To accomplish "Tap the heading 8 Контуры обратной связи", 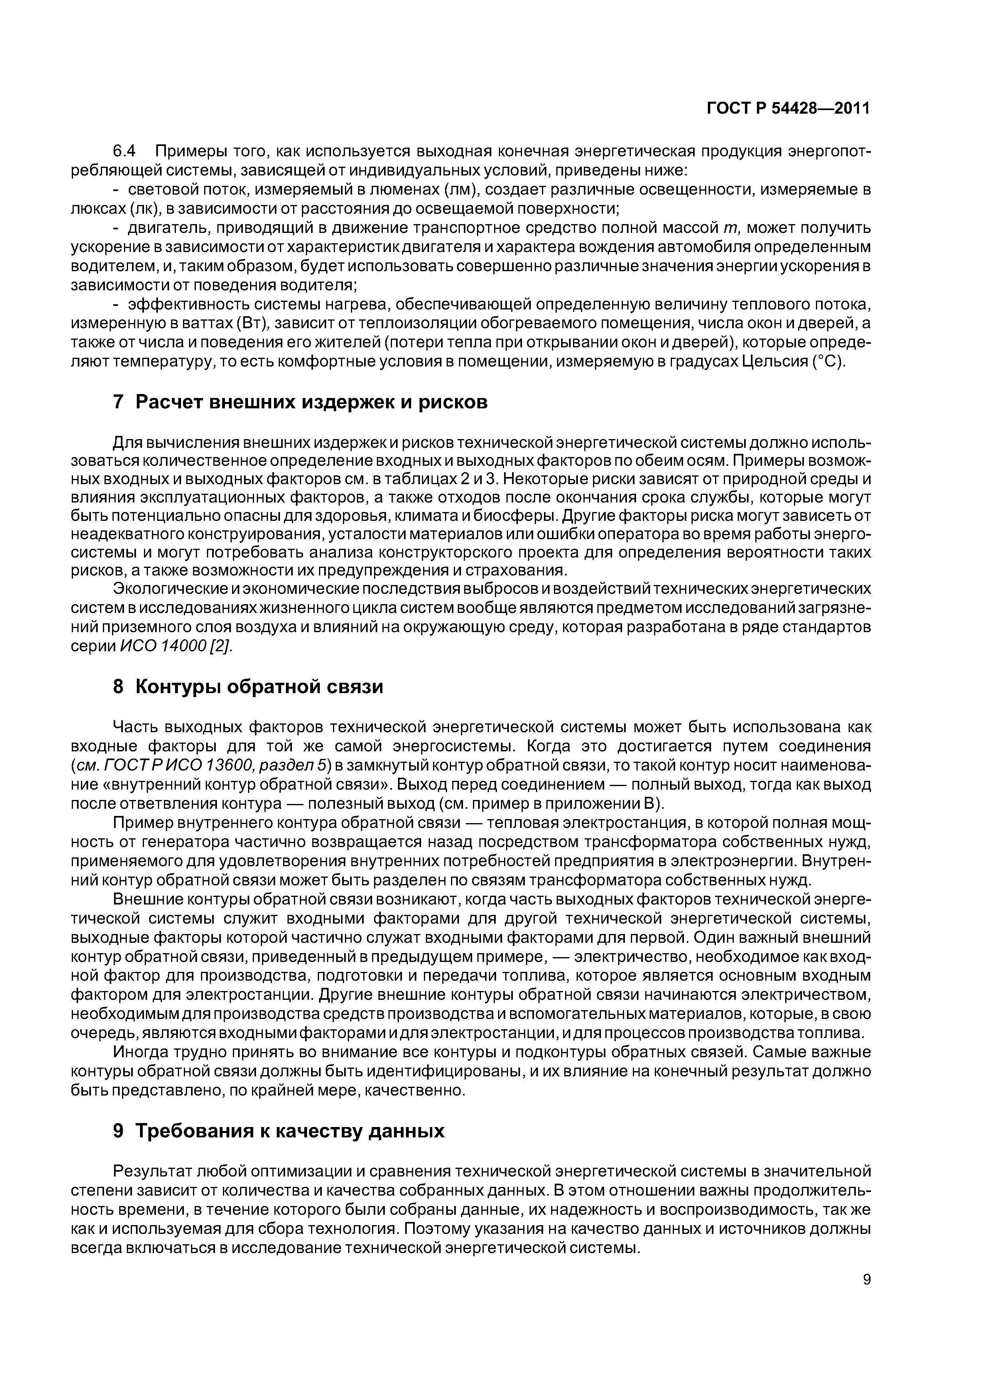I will (248, 687).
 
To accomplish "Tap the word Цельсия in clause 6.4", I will (774, 361).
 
